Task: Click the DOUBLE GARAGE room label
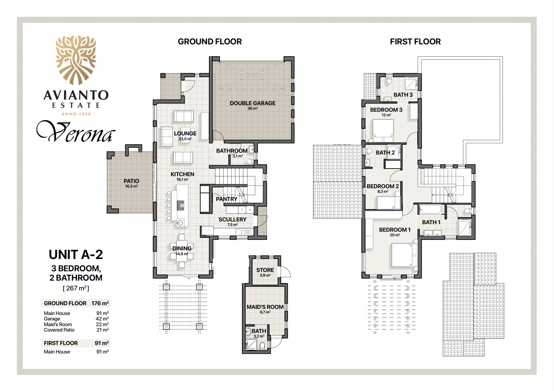pyautogui.click(x=252, y=103)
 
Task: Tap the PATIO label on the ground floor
pyautogui.click(x=131, y=181)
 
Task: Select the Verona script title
pyautogui.click(x=76, y=131)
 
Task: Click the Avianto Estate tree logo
pyautogui.click(x=76, y=60)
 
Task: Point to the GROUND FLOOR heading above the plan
pyautogui.click(x=210, y=41)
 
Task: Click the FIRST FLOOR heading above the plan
pyautogui.click(x=415, y=41)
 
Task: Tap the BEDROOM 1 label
pyautogui.click(x=395, y=230)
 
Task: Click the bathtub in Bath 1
pyautogui.click(x=430, y=209)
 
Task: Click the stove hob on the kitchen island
pyautogui.click(x=180, y=206)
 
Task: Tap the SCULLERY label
pyautogui.click(x=232, y=219)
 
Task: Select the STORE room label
pyautogui.click(x=265, y=270)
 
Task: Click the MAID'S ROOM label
pyautogui.click(x=265, y=307)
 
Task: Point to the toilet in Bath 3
pyautogui.click(x=389, y=80)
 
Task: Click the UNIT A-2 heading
pyautogui.click(x=76, y=255)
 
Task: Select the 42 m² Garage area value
pyautogui.click(x=102, y=319)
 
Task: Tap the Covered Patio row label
pyautogui.click(x=59, y=330)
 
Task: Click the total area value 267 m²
pyautogui.click(x=76, y=288)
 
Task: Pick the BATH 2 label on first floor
pyautogui.click(x=385, y=152)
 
